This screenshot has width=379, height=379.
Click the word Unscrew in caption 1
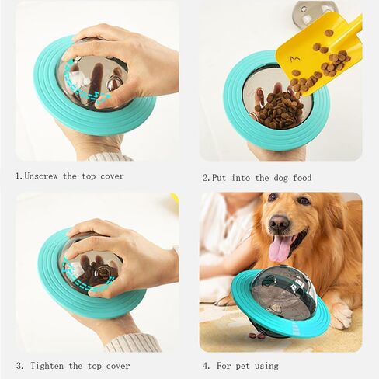(41, 176)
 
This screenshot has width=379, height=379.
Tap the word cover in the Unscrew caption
(113, 176)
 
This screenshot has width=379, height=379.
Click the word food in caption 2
(302, 178)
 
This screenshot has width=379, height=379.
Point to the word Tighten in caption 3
(47, 366)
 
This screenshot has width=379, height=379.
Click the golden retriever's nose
(280, 223)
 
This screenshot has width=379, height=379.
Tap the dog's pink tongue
(279, 249)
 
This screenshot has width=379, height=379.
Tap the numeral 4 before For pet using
(206, 366)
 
